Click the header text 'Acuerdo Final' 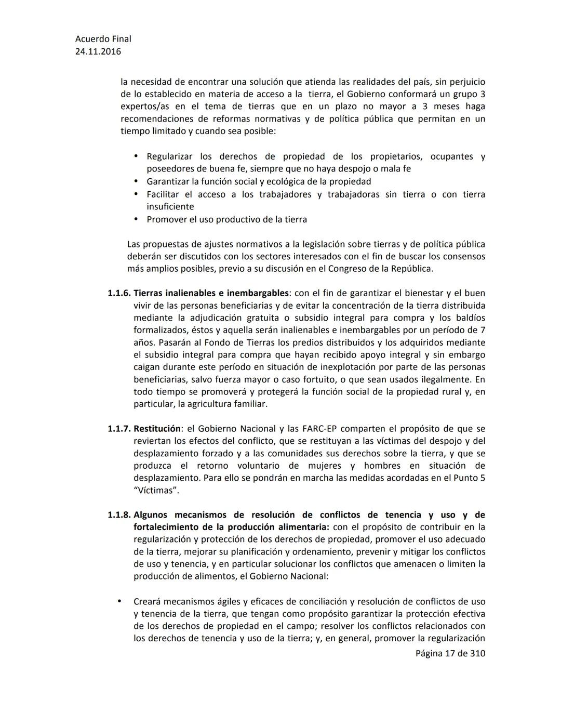103,39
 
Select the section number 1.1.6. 119,293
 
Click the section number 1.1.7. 119,429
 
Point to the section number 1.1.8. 119,515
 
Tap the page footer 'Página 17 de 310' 450,653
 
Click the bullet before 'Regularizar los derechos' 136,156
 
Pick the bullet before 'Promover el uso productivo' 136,219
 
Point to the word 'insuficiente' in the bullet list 170,207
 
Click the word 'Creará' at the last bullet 146,602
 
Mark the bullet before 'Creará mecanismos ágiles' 119,601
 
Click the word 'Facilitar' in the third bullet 163,194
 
